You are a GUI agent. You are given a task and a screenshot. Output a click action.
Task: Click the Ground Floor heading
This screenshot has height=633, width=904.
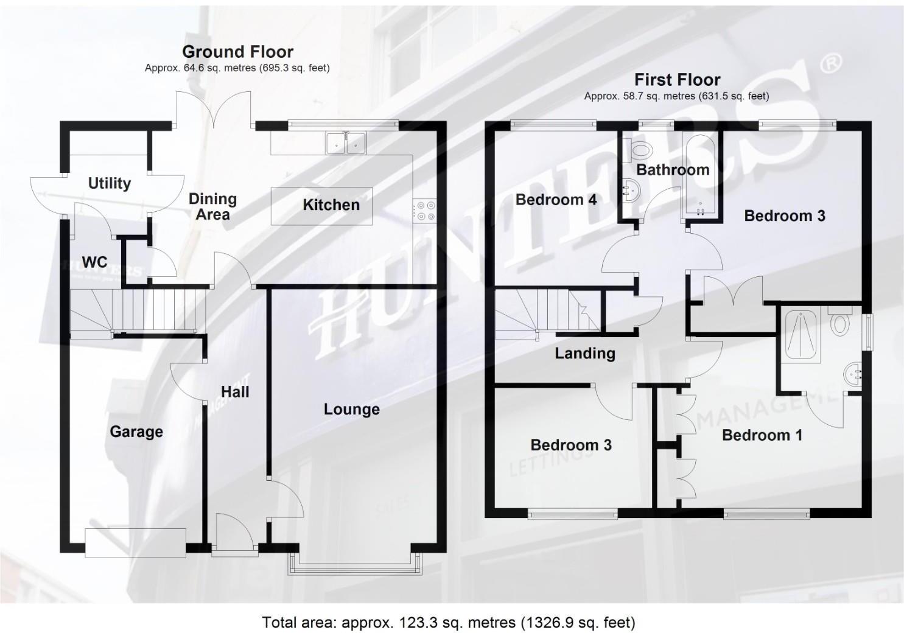(x=237, y=52)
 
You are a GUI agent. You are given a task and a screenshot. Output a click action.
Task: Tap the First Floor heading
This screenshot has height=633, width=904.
(x=677, y=80)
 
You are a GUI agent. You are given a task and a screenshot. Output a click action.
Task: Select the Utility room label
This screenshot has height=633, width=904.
(x=110, y=183)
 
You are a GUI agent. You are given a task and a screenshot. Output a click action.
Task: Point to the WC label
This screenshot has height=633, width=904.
(x=94, y=262)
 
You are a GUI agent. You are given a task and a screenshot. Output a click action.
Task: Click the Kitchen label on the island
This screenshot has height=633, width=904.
(x=331, y=205)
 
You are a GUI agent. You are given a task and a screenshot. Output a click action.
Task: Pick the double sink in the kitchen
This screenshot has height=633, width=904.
(x=345, y=143)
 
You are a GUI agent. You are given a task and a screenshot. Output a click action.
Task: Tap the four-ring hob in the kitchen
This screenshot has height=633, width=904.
(x=425, y=211)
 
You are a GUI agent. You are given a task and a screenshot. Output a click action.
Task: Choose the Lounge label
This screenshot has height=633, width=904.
(x=351, y=410)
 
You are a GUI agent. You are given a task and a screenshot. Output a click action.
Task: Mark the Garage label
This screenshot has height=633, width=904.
(x=136, y=432)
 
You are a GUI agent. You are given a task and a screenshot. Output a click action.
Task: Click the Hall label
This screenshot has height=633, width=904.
(x=235, y=392)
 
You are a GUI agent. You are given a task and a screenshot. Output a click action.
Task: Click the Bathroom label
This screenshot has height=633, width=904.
(x=673, y=170)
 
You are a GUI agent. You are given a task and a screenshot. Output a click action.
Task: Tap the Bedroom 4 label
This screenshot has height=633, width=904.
(x=556, y=200)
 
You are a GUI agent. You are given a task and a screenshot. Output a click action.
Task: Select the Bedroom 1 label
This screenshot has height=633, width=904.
(x=762, y=435)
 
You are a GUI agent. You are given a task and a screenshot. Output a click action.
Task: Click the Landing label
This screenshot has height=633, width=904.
(x=584, y=354)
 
